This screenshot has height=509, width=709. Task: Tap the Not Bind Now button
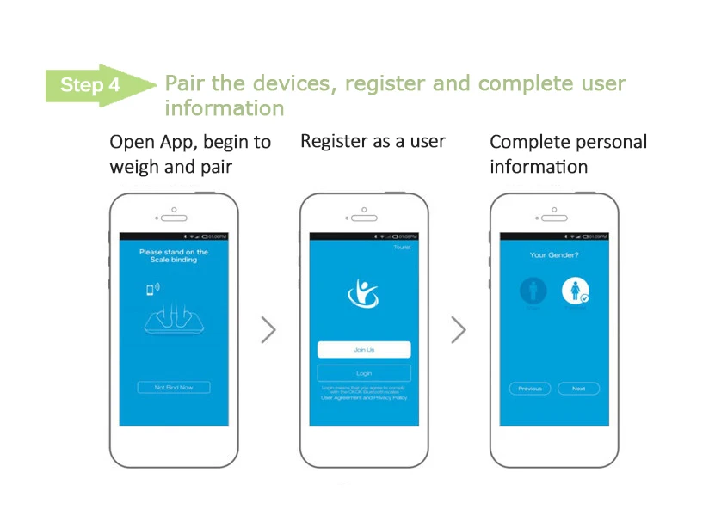174,388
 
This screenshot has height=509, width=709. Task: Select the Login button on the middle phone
364,373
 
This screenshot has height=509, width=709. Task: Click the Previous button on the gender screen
530,389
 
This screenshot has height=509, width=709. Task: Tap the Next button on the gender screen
578,389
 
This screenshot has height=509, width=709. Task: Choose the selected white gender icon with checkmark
576,292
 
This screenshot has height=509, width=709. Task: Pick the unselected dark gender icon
533,291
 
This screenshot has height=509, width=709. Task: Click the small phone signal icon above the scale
151,289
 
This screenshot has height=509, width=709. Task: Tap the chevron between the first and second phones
268,329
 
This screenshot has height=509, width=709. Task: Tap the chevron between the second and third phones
459,329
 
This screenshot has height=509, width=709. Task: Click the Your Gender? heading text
554,255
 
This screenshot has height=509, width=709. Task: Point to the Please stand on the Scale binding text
174,255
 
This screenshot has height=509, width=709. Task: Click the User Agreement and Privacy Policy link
364,398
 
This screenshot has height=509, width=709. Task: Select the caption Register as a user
373,141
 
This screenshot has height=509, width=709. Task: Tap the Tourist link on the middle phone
402,248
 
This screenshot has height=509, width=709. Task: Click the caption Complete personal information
568,154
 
